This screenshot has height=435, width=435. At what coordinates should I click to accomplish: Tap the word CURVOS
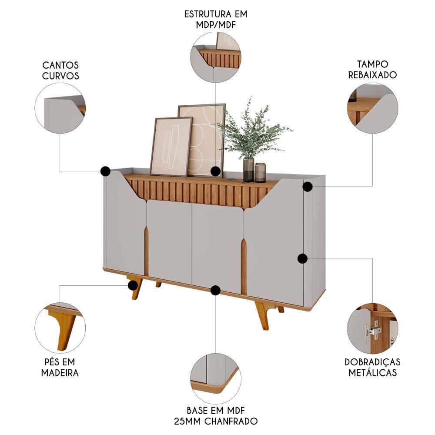click(60, 76)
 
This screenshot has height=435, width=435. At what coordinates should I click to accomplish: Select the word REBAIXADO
click(372, 75)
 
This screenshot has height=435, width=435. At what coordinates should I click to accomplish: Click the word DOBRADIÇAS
click(372, 362)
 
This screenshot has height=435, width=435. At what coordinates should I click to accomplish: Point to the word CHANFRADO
click(231, 421)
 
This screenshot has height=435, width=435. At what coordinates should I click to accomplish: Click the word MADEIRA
click(60, 373)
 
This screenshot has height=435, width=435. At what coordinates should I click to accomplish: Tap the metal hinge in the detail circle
click(373, 331)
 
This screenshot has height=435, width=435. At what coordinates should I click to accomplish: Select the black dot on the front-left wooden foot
click(133, 285)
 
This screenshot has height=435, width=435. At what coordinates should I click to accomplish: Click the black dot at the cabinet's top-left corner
click(105, 171)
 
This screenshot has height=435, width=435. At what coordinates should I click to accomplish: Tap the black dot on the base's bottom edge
click(215, 290)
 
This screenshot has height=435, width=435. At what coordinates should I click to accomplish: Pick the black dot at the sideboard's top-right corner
click(308, 187)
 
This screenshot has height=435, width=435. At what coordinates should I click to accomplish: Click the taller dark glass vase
click(248, 169)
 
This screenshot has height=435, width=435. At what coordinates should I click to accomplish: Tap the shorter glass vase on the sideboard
click(260, 172)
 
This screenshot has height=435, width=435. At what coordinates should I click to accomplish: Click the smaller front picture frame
click(171, 147)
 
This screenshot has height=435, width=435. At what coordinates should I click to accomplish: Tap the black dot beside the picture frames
click(215, 171)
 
